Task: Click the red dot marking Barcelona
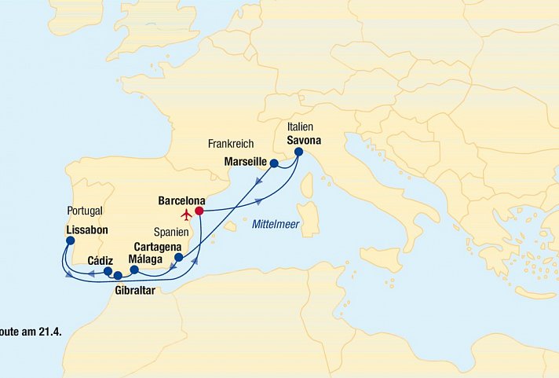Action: (x=199, y=211)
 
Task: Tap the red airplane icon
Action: (x=186, y=215)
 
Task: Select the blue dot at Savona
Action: (x=298, y=152)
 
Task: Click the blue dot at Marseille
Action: (x=274, y=163)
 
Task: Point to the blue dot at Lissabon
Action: (x=70, y=243)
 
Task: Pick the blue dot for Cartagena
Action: (x=178, y=257)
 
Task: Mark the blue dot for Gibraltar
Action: (x=118, y=276)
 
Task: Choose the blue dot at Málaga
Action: (x=133, y=270)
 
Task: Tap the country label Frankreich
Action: (x=232, y=145)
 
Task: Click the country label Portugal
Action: (x=86, y=212)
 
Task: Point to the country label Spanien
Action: (x=171, y=233)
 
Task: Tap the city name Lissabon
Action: (x=87, y=231)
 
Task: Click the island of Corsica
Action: (x=307, y=186)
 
